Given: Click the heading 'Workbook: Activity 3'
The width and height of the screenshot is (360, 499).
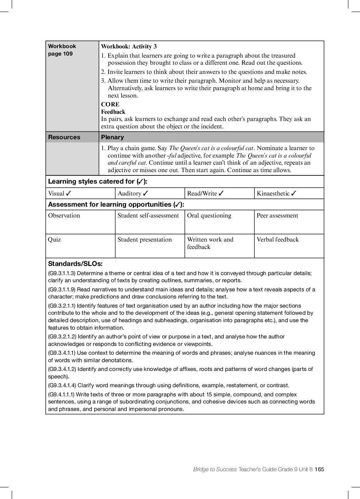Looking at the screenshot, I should [x=129, y=47].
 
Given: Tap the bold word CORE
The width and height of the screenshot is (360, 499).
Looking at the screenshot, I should [x=110, y=104].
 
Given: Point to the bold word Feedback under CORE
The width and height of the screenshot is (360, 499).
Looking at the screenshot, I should [x=113, y=112].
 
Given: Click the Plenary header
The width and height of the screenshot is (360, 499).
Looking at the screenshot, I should [x=113, y=137].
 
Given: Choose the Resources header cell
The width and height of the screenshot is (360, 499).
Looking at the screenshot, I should [x=64, y=137].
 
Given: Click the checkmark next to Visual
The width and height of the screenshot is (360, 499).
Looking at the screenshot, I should [x=69, y=193].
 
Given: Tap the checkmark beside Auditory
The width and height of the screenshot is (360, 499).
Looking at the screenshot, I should [x=146, y=193].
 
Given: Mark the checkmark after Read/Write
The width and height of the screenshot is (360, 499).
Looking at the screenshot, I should [x=221, y=193].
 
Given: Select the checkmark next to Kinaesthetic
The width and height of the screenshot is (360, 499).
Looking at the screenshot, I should [x=294, y=193].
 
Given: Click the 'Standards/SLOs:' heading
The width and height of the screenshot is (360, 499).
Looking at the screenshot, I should [x=75, y=264].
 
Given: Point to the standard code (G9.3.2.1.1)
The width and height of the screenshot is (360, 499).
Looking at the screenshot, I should [x=62, y=306].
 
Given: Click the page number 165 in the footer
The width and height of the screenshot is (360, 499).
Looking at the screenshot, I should [x=319, y=469].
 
